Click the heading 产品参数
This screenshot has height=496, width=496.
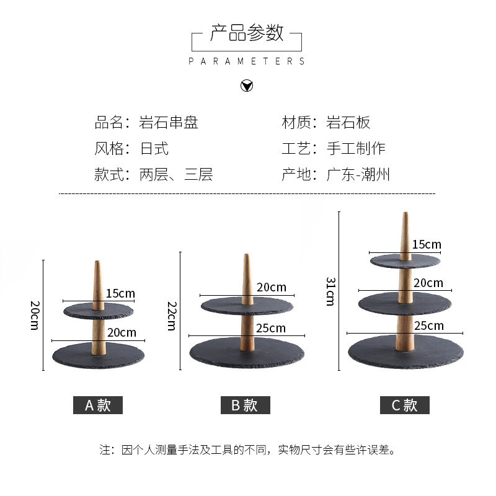[x=247, y=33]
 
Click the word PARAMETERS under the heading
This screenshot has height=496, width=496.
[x=247, y=61]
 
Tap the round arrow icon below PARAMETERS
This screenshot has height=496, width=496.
[x=247, y=86]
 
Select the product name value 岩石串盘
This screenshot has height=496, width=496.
[x=169, y=122]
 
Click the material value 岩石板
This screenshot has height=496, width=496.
[x=348, y=122]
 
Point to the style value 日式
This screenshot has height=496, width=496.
[x=154, y=148]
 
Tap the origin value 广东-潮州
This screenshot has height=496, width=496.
[x=358, y=174]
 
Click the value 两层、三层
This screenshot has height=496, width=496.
[x=176, y=174]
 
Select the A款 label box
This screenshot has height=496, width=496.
[x=98, y=405]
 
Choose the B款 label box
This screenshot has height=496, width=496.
[x=246, y=405]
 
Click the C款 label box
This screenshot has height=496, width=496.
[x=405, y=405]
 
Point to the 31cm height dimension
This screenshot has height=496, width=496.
[x=330, y=291]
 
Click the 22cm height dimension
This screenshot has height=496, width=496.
[x=172, y=316]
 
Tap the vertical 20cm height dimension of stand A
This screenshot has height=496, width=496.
[x=35, y=316]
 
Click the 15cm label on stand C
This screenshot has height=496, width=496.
[x=427, y=244]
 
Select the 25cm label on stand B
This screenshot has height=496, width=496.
[x=271, y=328]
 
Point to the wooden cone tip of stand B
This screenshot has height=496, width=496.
[x=247, y=260]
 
